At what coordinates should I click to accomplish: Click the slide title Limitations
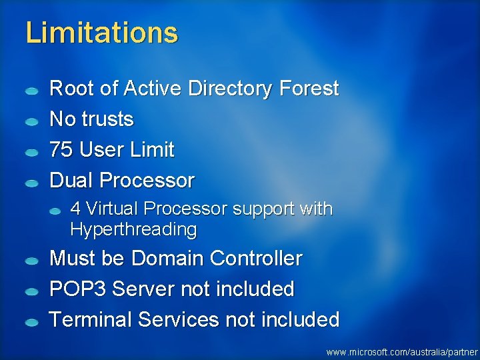pyautogui.click(x=101, y=32)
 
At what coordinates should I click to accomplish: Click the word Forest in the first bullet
pyautogui.click(x=309, y=89)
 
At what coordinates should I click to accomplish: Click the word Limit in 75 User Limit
pyautogui.click(x=153, y=150)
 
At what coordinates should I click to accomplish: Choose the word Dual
pyautogui.click(x=71, y=181)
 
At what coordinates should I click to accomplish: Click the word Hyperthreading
pyautogui.click(x=133, y=230)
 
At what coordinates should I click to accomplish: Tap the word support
pyautogui.click(x=264, y=209)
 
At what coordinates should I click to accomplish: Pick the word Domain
pyautogui.click(x=170, y=259)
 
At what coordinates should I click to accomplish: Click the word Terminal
pyautogui.click(x=91, y=320)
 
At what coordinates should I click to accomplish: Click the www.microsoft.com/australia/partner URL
pyautogui.click(x=402, y=351)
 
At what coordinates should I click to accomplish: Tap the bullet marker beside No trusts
pyautogui.click(x=31, y=121)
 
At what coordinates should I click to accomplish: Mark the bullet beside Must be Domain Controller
pyautogui.click(x=31, y=261)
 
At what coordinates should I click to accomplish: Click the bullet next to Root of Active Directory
pyautogui.click(x=31, y=90)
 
